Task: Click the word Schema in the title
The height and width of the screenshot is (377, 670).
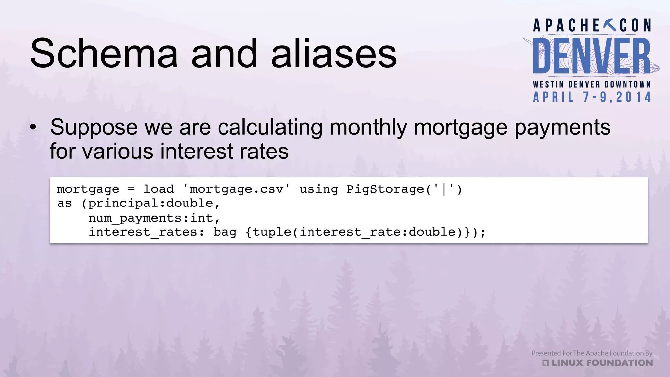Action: [104, 54]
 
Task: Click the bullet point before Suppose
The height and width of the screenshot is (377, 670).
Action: [33, 128]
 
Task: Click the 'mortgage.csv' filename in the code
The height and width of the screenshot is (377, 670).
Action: [236, 189]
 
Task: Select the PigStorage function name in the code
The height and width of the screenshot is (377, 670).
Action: [385, 189]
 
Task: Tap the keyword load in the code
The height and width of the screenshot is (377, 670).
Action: [159, 189]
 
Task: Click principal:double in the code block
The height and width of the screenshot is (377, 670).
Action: [151, 204]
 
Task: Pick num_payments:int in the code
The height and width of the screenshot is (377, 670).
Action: [151, 218]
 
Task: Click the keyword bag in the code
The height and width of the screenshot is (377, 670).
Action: [225, 232]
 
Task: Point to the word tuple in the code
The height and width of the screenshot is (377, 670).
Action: [272, 232]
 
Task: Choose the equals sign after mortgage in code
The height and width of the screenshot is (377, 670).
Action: [131, 189]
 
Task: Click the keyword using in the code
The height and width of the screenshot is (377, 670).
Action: [319, 189]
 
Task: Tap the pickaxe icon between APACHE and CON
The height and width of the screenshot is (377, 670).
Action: [609, 25]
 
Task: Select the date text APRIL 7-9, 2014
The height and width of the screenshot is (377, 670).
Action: [592, 97]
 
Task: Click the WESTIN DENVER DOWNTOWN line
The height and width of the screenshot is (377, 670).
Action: [592, 84]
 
